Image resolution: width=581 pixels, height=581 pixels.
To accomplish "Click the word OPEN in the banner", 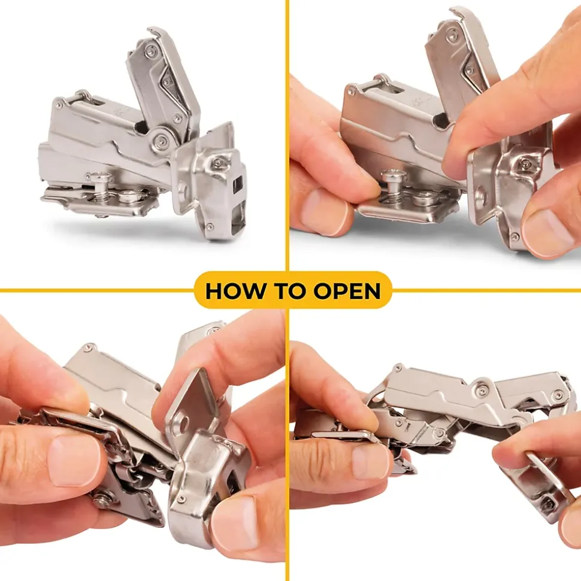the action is coord(347,291).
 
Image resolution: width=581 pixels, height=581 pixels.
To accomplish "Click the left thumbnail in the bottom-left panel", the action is coord(74,460).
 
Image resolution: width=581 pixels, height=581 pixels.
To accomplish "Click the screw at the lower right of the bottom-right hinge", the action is coord(547,504).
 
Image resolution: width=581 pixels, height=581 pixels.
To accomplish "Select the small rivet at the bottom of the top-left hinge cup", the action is coord(210,226).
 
